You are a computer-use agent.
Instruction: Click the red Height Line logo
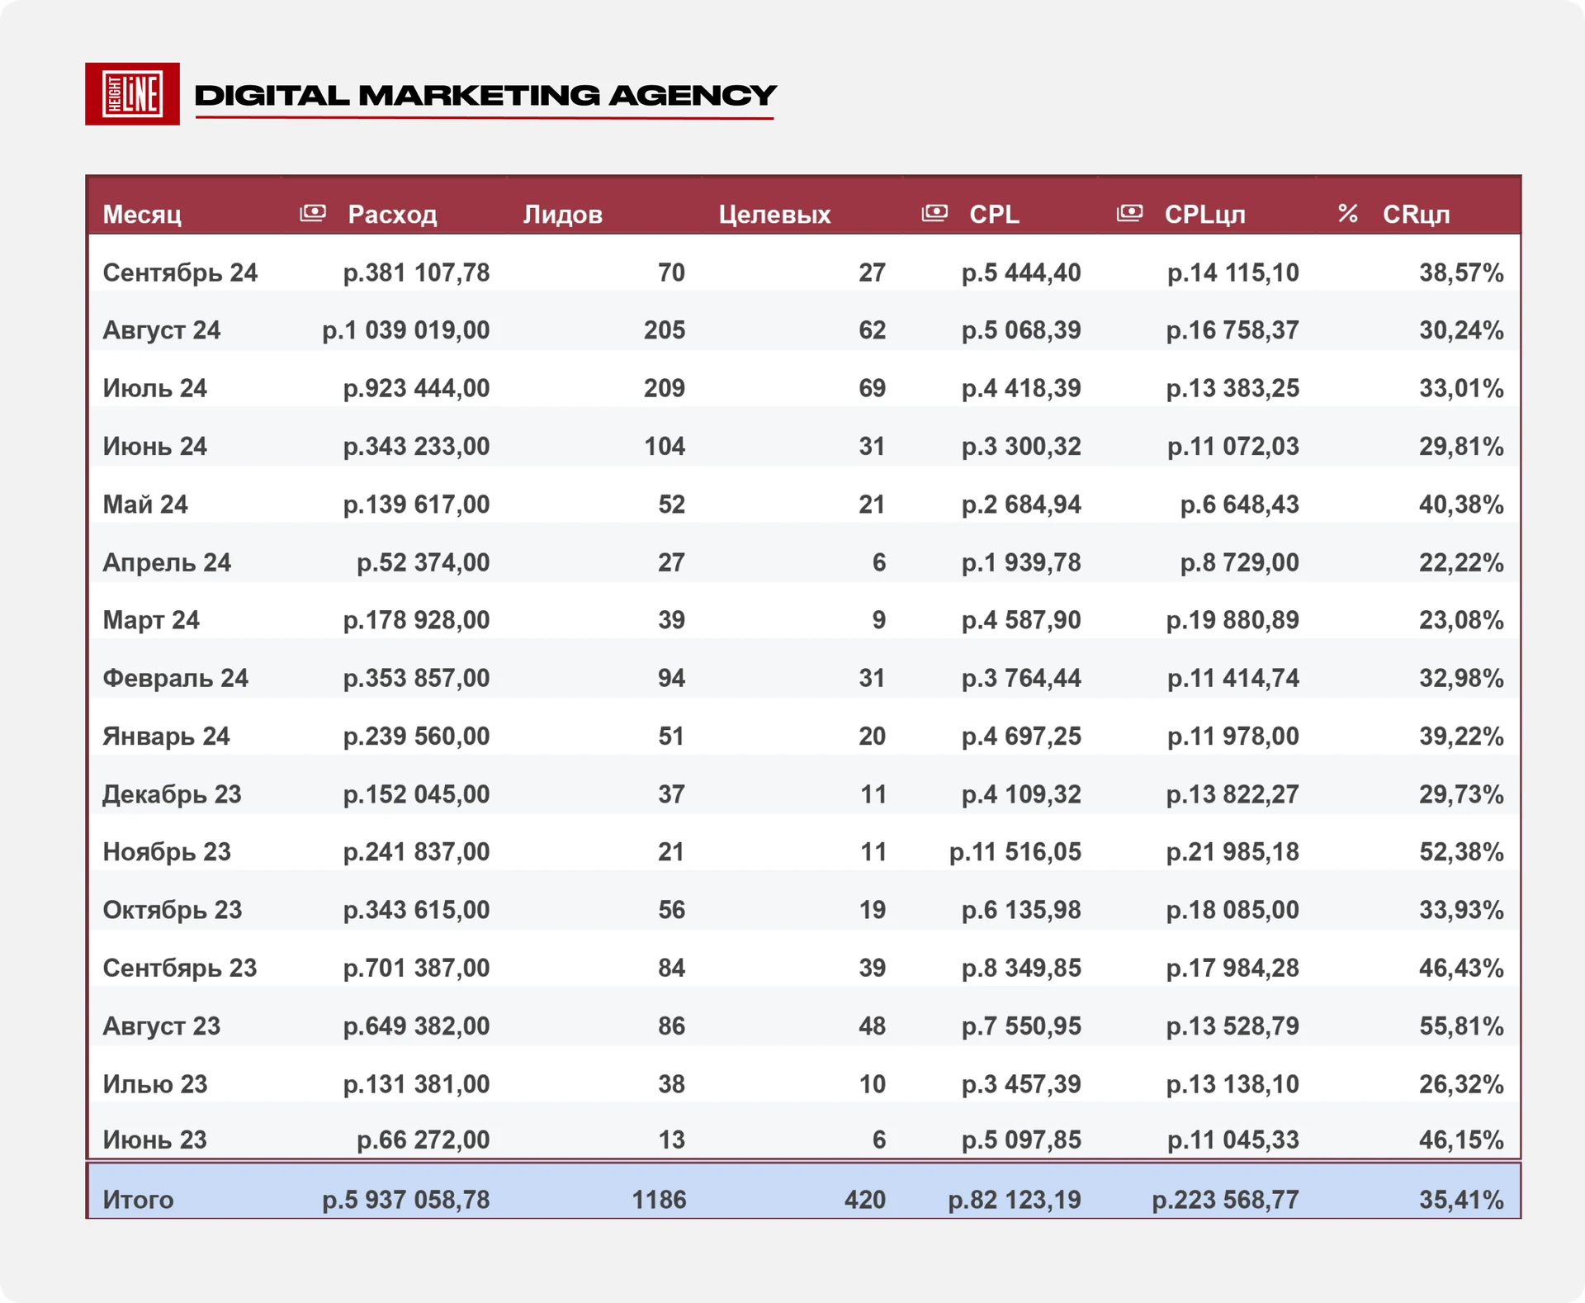tap(132, 94)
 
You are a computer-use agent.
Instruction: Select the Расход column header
tap(392, 215)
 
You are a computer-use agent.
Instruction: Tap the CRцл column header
tap(1416, 215)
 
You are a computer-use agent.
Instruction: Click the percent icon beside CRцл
tap(1347, 214)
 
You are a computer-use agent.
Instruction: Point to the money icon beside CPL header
tap(934, 213)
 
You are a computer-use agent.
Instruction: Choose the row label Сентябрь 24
tap(180, 272)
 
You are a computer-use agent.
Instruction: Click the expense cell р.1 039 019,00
tap(405, 330)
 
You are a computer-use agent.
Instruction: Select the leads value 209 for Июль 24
tap(665, 388)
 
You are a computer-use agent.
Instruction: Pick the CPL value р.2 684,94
tap(1021, 505)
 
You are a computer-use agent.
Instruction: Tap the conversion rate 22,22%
tap(1461, 562)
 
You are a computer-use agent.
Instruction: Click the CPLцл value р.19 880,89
tap(1233, 620)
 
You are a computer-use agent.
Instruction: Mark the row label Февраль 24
tap(175, 678)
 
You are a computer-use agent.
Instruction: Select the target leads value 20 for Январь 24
tap(872, 737)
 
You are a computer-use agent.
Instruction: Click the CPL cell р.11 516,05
tap(1015, 852)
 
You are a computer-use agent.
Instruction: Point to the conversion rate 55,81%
tap(1461, 1026)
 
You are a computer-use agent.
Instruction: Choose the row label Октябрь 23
tap(172, 910)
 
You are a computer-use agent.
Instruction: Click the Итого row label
tap(138, 1200)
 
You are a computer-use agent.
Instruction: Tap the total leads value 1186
tap(659, 1200)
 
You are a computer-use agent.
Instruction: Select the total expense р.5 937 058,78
tap(405, 1200)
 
